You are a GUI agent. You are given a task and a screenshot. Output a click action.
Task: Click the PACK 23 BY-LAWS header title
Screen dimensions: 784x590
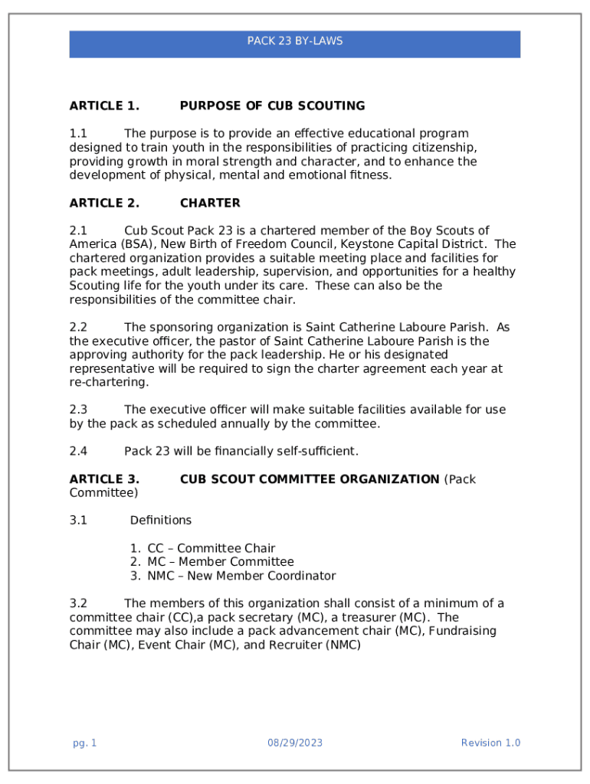[x=294, y=41]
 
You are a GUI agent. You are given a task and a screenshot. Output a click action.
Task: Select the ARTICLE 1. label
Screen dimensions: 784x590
[x=104, y=106]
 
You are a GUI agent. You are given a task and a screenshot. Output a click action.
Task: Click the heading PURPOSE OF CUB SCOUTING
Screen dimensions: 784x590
[x=272, y=106]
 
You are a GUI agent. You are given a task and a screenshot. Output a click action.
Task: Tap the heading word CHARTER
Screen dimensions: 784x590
[x=210, y=203]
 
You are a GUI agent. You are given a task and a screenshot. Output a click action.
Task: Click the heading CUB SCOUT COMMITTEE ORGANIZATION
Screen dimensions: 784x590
[x=310, y=479]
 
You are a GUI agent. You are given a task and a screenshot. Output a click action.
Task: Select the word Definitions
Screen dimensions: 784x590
[x=161, y=521]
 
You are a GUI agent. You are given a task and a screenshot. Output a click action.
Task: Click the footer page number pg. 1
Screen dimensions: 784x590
[x=84, y=743]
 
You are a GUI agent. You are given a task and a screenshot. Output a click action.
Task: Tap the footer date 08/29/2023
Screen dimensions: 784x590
[x=295, y=743]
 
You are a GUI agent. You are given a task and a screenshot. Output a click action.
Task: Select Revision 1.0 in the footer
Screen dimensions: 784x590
[x=490, y=743]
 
